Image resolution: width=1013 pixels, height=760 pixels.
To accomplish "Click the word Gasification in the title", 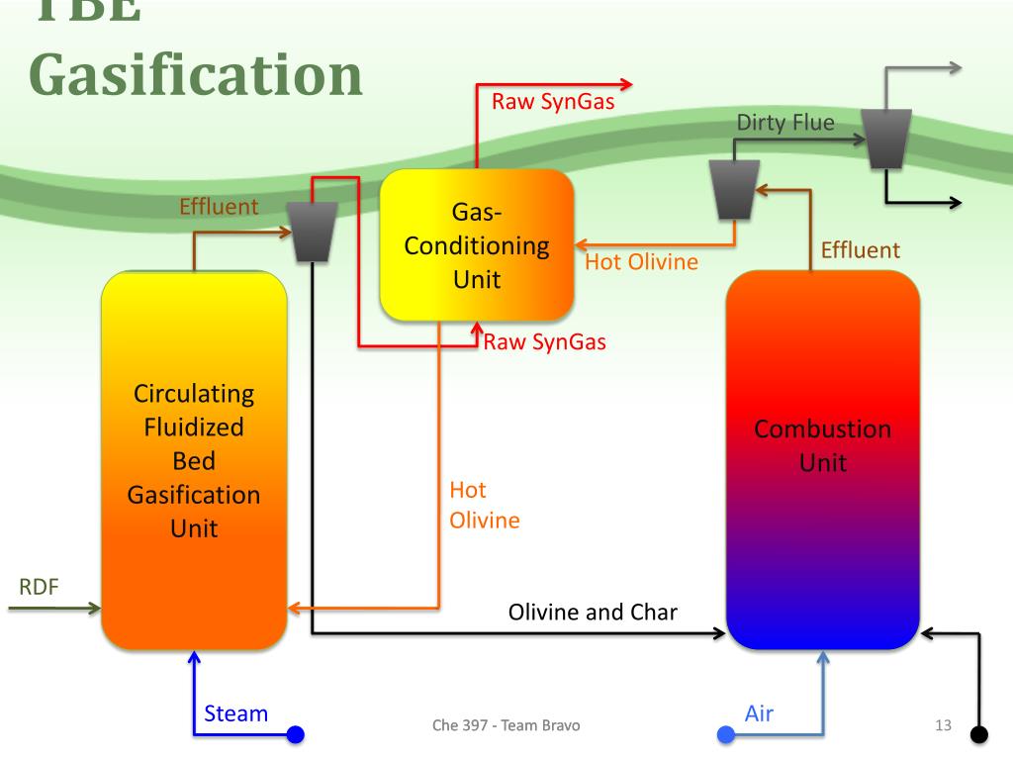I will [x=195, y=74].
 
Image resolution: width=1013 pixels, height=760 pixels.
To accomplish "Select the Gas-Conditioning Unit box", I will [x=477, y=244].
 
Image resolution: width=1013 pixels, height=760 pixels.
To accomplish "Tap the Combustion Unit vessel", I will [x=822, y=460].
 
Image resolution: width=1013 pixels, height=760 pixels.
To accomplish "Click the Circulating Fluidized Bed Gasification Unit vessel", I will [x=194, y=460].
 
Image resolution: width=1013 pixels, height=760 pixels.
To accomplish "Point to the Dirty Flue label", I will [x=785, y=123].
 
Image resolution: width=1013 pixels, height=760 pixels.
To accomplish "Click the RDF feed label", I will [x=40, y=587].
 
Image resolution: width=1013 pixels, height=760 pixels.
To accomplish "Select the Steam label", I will [x=235, y=713].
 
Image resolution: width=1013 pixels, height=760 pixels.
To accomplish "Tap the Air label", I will [x=759, y=713].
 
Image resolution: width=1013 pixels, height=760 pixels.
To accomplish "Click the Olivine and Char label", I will [x=593, y=612].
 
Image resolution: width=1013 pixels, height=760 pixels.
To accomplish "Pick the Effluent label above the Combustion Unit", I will [x=861, y=250].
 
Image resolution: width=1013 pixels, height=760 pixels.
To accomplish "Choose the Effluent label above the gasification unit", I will [x=218, y=207].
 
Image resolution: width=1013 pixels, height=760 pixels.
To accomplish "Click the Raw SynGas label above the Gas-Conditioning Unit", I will [x=553, y=101].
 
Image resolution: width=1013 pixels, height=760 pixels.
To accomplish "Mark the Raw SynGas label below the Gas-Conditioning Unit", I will [x=545, y=342].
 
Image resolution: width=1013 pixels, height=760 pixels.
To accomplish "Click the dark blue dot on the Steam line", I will [x=295, y=734].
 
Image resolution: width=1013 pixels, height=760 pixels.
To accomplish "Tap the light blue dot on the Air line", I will [x=725, y=734].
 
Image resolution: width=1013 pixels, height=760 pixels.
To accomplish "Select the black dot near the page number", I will [x=979, y=734].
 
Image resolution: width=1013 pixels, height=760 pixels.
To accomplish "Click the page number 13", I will [x=943, y=726].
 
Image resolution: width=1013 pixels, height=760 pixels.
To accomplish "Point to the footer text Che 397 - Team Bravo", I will [x=506, y=726].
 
